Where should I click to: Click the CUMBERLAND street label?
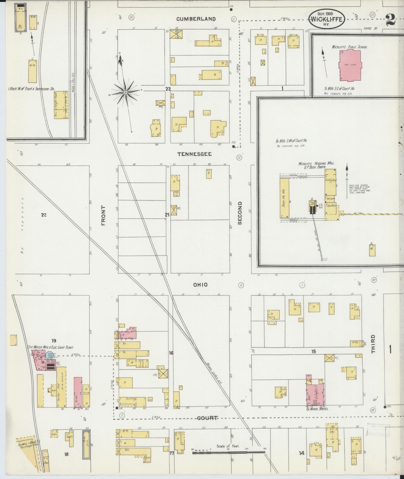pos(196,19)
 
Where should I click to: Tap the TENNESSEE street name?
pos(195,154)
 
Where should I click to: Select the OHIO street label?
pos(200,285)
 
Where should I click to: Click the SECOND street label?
pos(240,213)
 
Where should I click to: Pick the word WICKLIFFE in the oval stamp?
pos(326,20)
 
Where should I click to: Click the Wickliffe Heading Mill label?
pos(316,164)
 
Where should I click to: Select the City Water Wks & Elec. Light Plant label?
pos(50,348)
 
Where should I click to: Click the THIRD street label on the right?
pos(373,344)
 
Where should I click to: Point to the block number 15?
pos(314,352)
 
